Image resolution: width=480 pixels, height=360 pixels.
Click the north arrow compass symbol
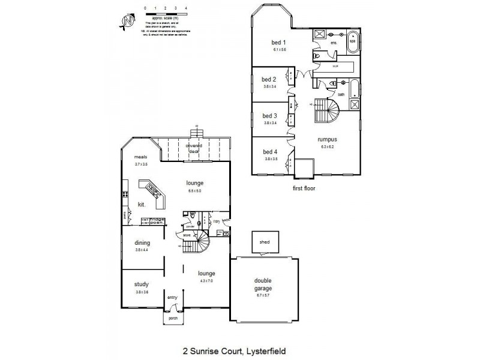point(127,22)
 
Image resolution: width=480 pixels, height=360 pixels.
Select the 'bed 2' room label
point(269,79)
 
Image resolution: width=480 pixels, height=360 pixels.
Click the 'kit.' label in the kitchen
point(143,204)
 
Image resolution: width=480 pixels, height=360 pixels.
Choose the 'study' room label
point(142,284)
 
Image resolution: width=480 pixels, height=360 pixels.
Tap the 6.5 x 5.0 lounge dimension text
point(194,191)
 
